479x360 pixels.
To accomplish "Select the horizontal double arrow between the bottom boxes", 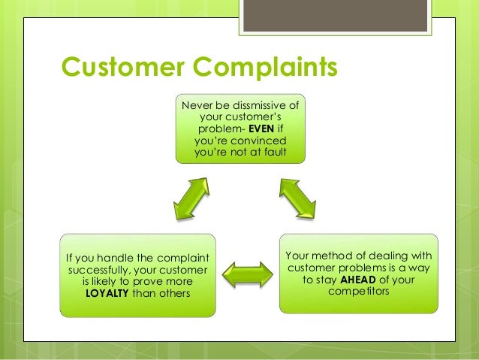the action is [247, 275].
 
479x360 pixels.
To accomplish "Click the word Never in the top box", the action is [197, 103].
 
